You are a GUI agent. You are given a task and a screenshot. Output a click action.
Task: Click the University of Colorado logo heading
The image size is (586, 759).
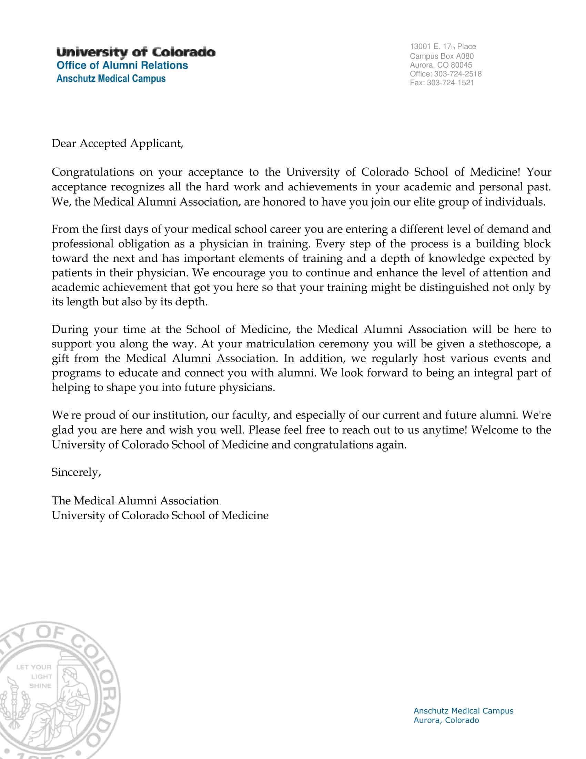tap(136, 52)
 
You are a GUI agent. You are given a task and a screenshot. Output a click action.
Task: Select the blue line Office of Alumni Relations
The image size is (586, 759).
tap(122, 65)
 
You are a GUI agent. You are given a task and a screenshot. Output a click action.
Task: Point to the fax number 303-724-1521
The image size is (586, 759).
tap(450, 83)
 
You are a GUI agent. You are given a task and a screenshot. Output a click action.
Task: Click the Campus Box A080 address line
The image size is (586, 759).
tap(442, 56)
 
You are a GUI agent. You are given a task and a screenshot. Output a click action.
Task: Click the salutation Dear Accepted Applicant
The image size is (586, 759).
tap(117, 144)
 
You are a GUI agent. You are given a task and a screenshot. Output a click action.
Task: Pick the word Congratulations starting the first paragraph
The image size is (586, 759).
tap(93, 172)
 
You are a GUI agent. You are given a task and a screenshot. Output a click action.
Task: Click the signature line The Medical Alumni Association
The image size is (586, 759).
tap(135, 501)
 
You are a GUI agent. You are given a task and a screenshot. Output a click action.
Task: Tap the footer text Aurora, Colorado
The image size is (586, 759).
tap(446, 720)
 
